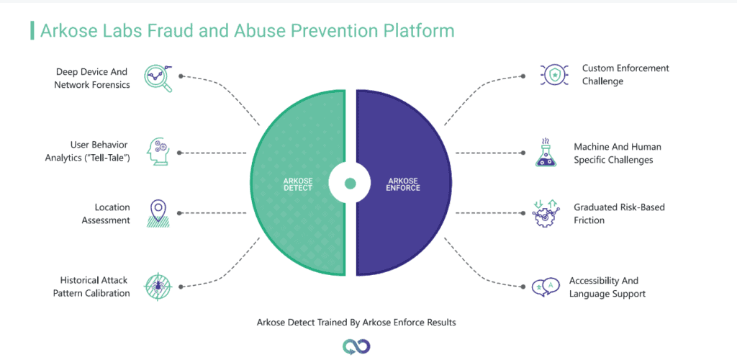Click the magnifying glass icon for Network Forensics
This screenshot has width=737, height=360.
tap(158, 78)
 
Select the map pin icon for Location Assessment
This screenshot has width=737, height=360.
tap(157, 214)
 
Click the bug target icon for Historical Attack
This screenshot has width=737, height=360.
tap(158, 287)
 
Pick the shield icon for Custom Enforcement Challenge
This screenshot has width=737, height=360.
tap(555, 75)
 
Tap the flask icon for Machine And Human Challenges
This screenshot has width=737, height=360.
tap(546, 152)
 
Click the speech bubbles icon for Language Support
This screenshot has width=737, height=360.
tap(546, 287)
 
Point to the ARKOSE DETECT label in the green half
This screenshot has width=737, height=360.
tap(298, 184)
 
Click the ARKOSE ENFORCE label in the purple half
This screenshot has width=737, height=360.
tap(404, 184)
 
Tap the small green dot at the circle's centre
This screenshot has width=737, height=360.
tap(351, 184)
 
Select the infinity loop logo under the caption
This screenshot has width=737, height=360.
tap(356, 347)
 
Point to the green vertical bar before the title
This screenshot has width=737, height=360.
tap(32, 30)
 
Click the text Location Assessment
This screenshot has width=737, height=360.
tap(106, 213)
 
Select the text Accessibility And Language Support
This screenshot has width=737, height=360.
tap(607, 287)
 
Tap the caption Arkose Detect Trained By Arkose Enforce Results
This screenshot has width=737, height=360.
tap(356, 323)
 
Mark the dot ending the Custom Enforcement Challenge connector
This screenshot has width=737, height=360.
tap(523, 76)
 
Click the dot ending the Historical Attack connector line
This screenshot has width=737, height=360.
tap(181, 287)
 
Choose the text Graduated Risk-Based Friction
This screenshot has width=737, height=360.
tap(619, 213)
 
